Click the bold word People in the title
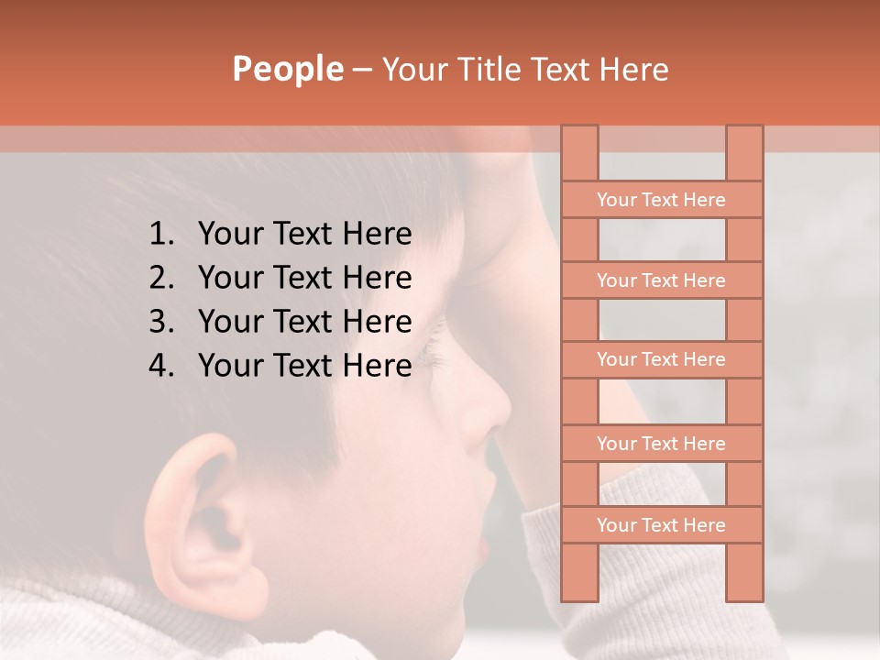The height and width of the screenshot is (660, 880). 288,69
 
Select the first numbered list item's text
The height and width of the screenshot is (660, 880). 304,235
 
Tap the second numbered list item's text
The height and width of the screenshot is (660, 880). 304,278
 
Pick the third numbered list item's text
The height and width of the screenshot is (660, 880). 304,322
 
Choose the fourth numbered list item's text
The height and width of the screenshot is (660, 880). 304,366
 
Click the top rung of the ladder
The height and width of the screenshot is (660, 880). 661,200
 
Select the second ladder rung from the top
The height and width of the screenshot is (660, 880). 661,280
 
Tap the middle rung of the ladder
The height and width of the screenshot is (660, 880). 661,359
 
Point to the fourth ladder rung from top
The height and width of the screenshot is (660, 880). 661,444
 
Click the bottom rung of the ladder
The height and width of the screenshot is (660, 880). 661,525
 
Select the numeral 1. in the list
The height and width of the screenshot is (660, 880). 160,235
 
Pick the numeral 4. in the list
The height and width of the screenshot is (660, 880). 160,366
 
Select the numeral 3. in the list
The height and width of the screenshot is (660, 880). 160,322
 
